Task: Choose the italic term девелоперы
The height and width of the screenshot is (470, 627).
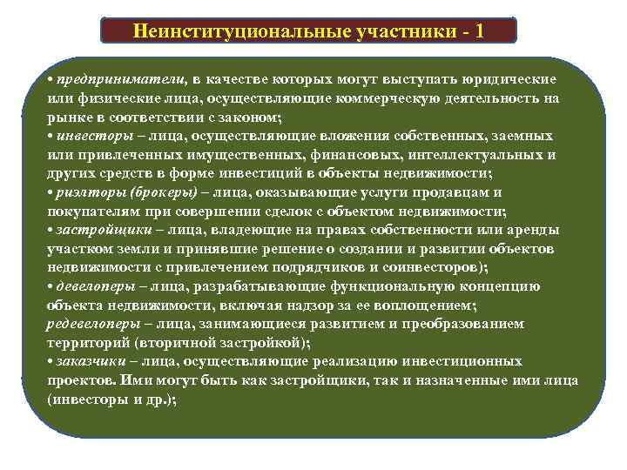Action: click(92, 285)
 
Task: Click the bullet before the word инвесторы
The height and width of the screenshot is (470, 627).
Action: click(51, 136)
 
